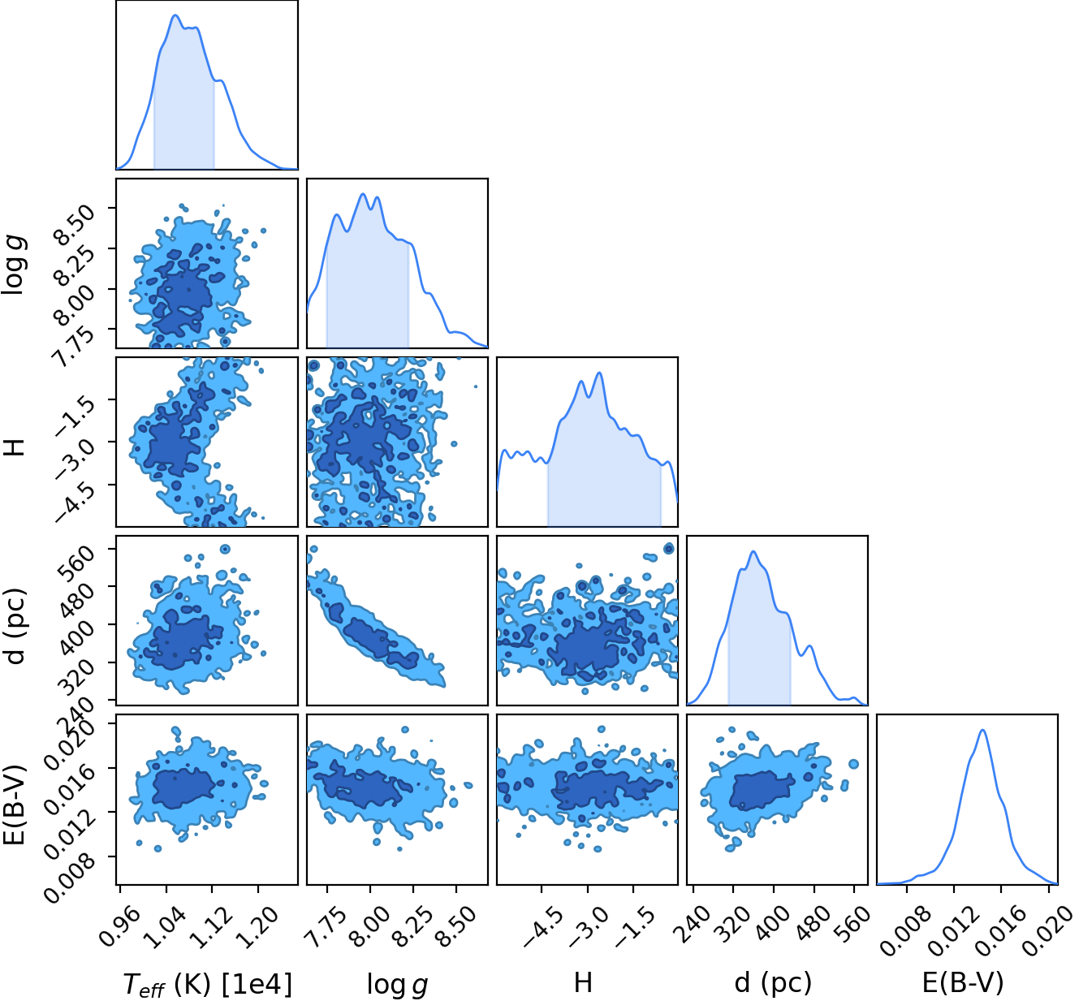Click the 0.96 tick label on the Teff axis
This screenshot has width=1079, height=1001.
point(118,927)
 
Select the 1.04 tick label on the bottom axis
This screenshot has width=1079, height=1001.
point(163,927)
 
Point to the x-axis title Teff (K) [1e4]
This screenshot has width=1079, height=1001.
point(208,984)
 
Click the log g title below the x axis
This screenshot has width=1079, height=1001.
point(397,985)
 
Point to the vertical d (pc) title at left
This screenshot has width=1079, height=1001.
point(15,626)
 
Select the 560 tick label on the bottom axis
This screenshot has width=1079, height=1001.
point(853,923)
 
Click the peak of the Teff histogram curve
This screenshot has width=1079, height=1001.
point(175,15)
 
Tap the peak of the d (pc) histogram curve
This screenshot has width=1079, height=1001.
point(753,551)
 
